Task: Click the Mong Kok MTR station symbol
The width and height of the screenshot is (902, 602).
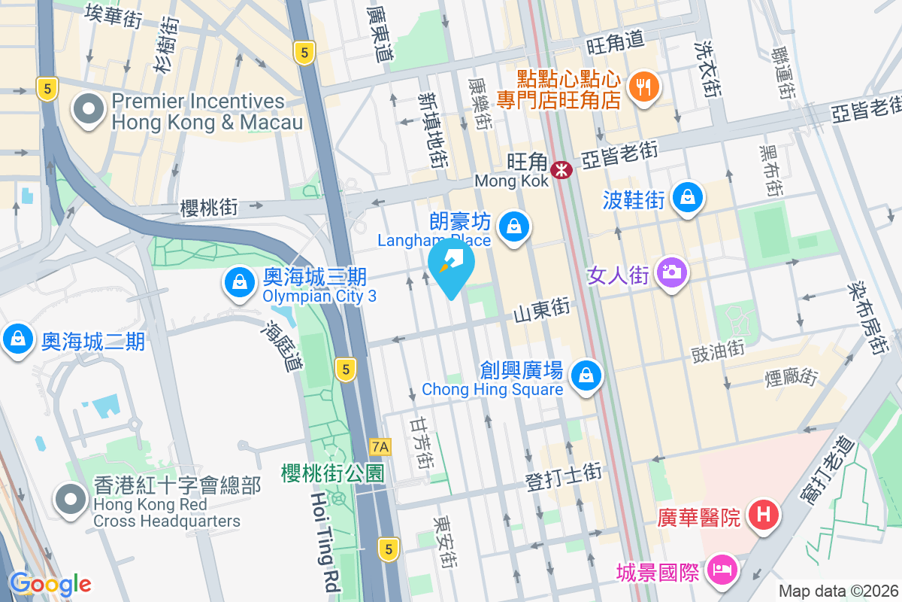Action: tap(561, 170)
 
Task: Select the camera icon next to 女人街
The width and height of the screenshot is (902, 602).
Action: tap(672, 272)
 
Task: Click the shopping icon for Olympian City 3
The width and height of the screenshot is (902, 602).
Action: tap(239, 283)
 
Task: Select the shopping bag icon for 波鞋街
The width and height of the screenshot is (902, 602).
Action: tap(687, 198)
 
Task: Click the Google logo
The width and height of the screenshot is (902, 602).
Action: tap(50, 584)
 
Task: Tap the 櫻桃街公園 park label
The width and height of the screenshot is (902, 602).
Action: tap(332, 473)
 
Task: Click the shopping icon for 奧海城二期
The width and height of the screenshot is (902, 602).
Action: tap(18, 339)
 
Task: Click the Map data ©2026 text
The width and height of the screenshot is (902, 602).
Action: tap(838, 591)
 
